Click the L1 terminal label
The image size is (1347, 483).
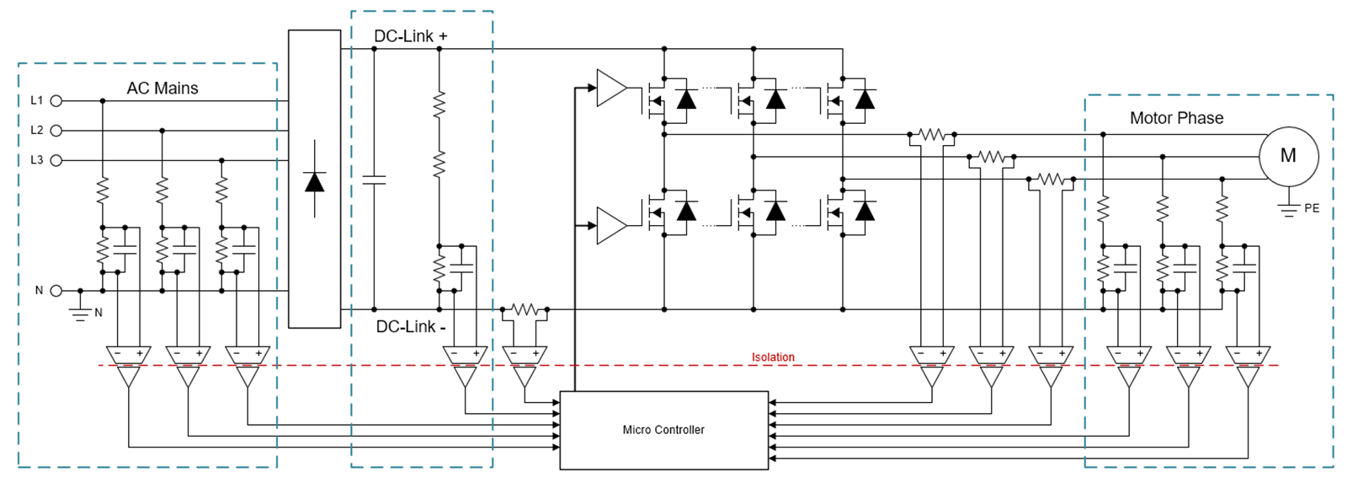[x=36, y=100]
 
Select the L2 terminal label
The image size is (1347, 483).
[x=36, y=130]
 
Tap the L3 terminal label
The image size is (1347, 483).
[x=36, y=160]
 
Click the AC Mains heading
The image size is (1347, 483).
[x=162, y=89]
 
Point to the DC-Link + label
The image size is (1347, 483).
[x=411, y=36]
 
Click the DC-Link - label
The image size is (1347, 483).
[x=411, y=327]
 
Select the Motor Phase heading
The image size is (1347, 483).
[x=1176, y=118]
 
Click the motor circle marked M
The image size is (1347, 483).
[x=1288, y=156]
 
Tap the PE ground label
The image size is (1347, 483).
[x=1312, y=208]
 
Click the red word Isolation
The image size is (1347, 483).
[x=773, y=357]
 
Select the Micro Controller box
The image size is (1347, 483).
[x=664, y=430]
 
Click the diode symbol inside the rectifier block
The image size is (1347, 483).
[x=315, y=181]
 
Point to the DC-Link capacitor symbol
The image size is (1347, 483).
[x=374, y=179]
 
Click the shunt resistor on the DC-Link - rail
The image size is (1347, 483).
[x=524, y=310]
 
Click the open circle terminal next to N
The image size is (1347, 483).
[x=56, y=291]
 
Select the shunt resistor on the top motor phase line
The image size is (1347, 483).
[x=932, y=134]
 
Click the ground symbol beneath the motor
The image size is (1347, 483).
[x=1288, y=209]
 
